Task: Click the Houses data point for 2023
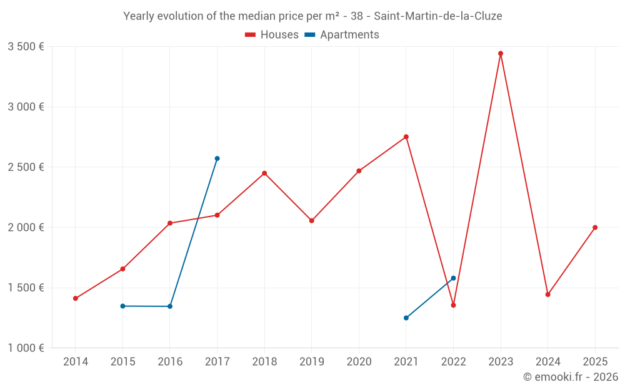(501, 54)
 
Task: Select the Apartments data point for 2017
(217, 158)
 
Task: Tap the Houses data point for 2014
(76, 298)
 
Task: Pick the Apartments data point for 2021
(406, 318)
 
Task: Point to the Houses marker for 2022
(453, 305)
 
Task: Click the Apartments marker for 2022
(453, 278)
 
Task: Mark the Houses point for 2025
(595, 227)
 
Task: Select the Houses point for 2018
(264, 173)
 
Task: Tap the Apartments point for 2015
(122, 306)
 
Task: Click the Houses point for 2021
(406, 137)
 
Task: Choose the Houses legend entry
(272, 35)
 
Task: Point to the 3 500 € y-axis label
(26, 47)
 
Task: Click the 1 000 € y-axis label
(26, 348)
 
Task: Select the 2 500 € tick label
(26, 167)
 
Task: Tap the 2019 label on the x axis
(311, 361)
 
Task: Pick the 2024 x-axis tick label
(547, 361)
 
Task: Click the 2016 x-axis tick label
(170, 361)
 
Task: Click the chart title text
(312, 16)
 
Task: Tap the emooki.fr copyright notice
(570, 377)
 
